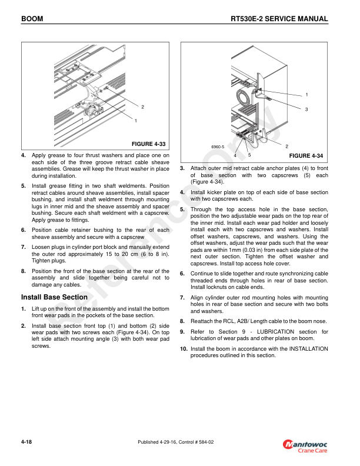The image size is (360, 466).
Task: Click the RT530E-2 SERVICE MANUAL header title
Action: (x=279, y=19)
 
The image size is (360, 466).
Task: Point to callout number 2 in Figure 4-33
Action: (x=142, y=106)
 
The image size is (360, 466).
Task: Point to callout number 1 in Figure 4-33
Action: (x=135, y=121)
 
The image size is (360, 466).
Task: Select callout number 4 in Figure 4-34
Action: (x=235, y=155)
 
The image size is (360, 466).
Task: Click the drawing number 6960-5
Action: (x=218, y=146)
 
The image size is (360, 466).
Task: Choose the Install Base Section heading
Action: (x=54, y=297)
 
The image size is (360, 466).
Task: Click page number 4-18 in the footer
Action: (x=26, y=441)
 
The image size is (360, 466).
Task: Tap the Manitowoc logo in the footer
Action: (x=306, y=443)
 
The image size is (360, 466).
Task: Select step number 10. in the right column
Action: (x=184, y=349)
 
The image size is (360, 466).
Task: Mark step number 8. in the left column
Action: (x=24, y=271)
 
